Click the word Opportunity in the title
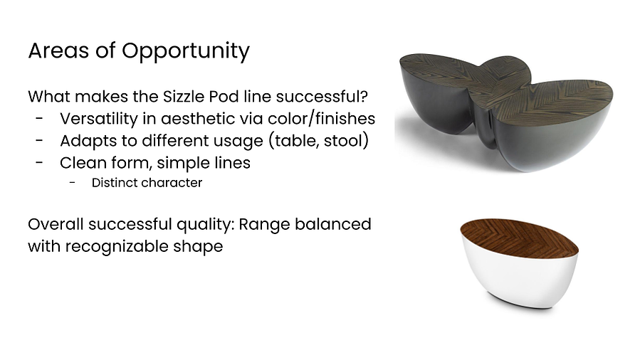[186, 52]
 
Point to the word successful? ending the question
[322, 97]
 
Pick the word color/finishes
[322, 119]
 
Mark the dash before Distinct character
[72, 183]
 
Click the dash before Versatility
[39, 119]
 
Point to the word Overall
[56, 224]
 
